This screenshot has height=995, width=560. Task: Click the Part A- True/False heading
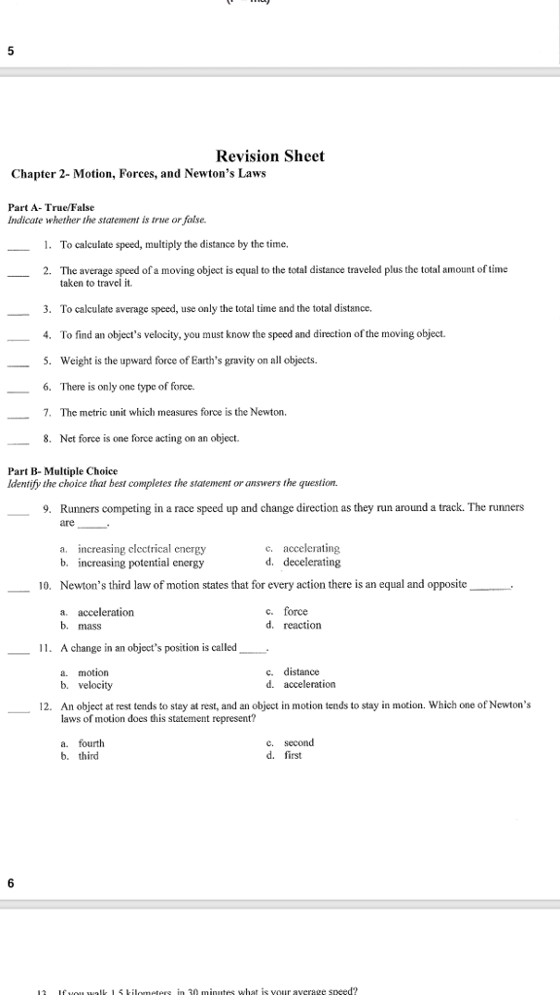[52, 208]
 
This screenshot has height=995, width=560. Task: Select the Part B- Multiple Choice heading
[62, 471]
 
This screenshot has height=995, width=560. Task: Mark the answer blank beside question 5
[17, 362]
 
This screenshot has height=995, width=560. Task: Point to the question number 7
[47, 413]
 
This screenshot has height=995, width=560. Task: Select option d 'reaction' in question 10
[301, 625]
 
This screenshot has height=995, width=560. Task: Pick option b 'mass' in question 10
[89, 626]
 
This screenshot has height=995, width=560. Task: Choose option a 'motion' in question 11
[93, 672]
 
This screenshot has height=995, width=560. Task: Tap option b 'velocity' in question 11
[95, 685]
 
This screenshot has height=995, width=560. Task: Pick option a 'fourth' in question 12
[91, 743]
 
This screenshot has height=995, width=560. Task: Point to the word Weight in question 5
[75, 360]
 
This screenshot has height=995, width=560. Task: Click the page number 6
[11, 883]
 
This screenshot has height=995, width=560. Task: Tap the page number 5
[10, 52]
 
